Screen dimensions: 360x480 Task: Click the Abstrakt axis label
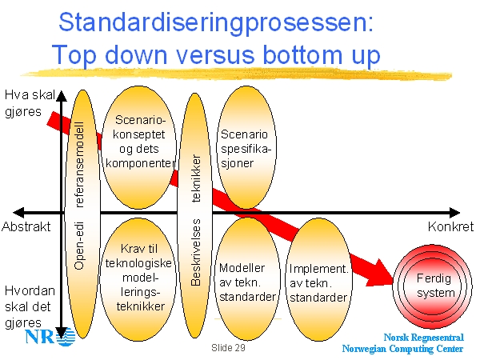pyautogui.click(x=26, y=226)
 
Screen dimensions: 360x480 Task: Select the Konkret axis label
pyautogui.click(x=450, y=226)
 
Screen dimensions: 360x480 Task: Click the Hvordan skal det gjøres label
pyautogui.click(x=30, y=304)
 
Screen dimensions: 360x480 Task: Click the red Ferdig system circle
pyautogui.click(x=435, y=286)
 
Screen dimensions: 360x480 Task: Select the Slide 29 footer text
pyautogui.click(x=229, y=349)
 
